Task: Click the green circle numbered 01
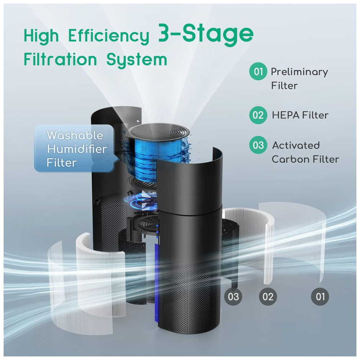(258, 71)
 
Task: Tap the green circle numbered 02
(258, 115)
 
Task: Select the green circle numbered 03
(258, 145)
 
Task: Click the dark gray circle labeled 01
(320, 297)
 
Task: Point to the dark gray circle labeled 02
(268, 297)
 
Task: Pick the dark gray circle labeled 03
(233, 297)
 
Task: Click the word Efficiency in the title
(109, 37)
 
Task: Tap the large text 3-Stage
(206, 35)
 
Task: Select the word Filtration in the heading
(60, 59)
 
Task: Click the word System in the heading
(136, 60)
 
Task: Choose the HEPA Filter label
(300, 115)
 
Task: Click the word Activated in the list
(296, 145)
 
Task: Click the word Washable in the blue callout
(75, 135)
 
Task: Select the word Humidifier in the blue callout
(77, 149)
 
